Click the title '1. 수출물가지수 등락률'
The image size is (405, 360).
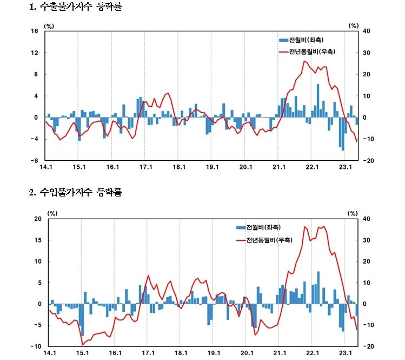[76, 8]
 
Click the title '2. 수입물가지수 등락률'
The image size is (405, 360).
[76, 193]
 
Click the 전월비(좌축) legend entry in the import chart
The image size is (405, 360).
[259, 227]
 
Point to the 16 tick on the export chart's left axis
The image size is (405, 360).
[34, 31]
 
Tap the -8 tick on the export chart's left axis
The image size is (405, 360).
[34, 161]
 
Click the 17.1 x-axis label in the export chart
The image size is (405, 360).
[146, 167]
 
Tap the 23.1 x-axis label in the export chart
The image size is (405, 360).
[346, 167]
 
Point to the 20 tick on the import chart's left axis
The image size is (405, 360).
[37, 219]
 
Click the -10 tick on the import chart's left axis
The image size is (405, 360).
[36, 346]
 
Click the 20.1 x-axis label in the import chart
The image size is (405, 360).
[246, 352]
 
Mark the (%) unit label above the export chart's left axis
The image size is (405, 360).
[49, 25]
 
